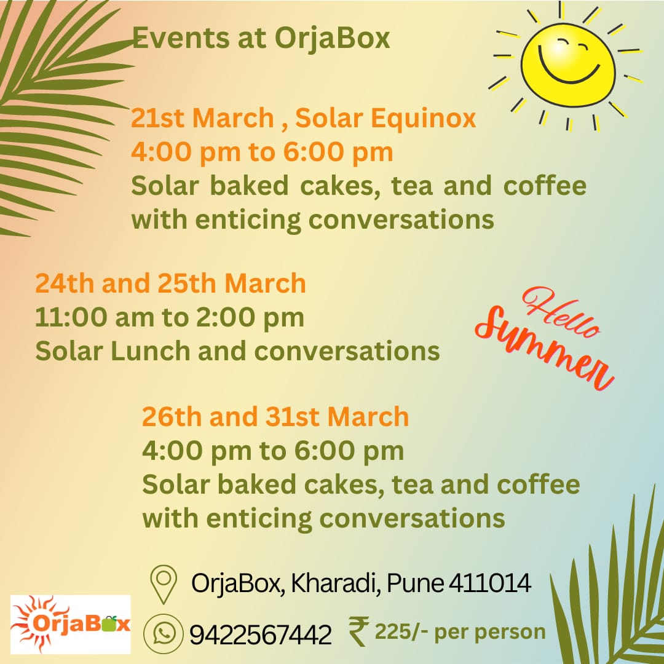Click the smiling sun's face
pos(568,65)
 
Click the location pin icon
pos(164,584)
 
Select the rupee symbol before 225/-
pos(358,631)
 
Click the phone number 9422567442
pos(261,634)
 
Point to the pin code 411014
pos(489,583)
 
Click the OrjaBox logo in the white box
pos(70,624)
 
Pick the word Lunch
pos(151,351)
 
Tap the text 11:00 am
pos(94,317)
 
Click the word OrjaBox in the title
pos(332,39)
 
